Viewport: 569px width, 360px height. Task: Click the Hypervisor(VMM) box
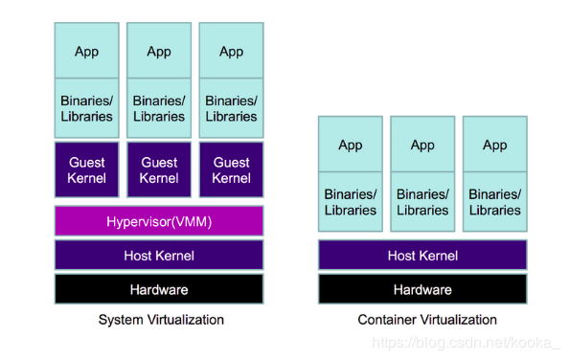point(159,221)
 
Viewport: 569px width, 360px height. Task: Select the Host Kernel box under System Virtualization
point(159,256)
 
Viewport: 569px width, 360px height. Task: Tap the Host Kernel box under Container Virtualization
point(422,256)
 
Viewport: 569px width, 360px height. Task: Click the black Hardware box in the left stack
point(159,289)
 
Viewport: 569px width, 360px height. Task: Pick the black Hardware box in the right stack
point(422,289)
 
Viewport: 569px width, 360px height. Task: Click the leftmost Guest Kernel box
point(86,170)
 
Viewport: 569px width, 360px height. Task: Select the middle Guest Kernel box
point(159,170)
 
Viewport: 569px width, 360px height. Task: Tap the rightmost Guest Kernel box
point(231,170)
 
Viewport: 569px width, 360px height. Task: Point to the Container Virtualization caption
point(427,320)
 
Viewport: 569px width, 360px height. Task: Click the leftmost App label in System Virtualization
point(86,52)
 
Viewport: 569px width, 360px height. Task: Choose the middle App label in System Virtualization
point(159,52)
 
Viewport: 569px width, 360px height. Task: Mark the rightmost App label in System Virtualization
point(231,52)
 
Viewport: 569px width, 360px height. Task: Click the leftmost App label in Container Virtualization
point(351,146)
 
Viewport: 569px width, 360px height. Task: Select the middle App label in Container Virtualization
point(422,146)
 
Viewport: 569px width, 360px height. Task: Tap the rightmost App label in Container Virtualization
point(494,146)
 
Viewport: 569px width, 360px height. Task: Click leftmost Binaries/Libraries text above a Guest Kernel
point(86,108)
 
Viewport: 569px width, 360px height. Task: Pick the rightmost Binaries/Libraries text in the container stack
point(494,202)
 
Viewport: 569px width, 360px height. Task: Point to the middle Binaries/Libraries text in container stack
point(422,202)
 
